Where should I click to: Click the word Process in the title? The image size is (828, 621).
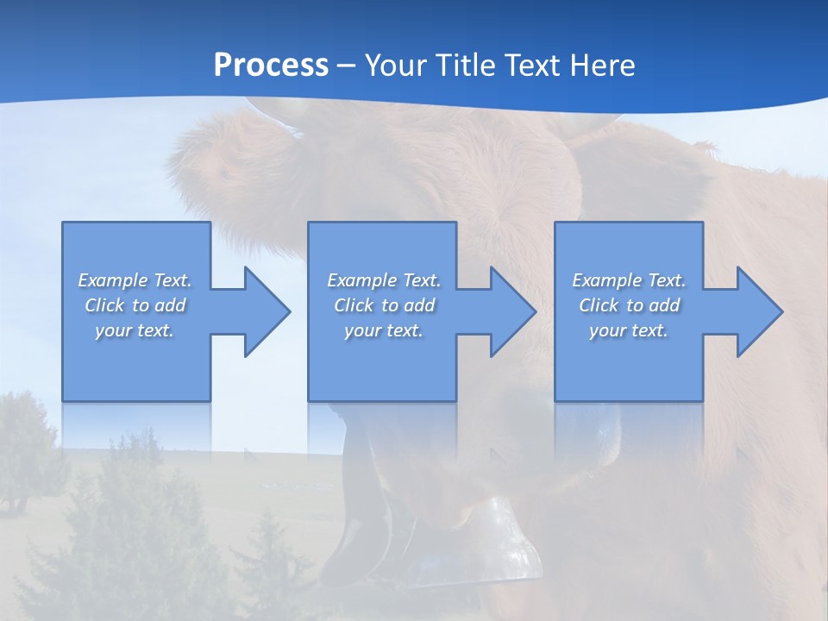(271, 66)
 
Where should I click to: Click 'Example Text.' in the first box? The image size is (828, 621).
(135, 280)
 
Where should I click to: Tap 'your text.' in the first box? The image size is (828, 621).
(135, 330)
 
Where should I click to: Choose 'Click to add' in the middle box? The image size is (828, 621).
(384, 305)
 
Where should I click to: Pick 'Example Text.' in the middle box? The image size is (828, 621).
(384, 280)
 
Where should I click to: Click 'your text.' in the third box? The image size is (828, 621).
(629, 330)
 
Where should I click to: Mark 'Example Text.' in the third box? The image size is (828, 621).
(629, 280)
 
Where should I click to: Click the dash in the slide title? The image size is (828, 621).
(347, 66)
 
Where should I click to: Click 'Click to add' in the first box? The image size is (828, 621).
(135, 305)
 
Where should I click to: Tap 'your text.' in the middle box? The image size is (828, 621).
(384, 330)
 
